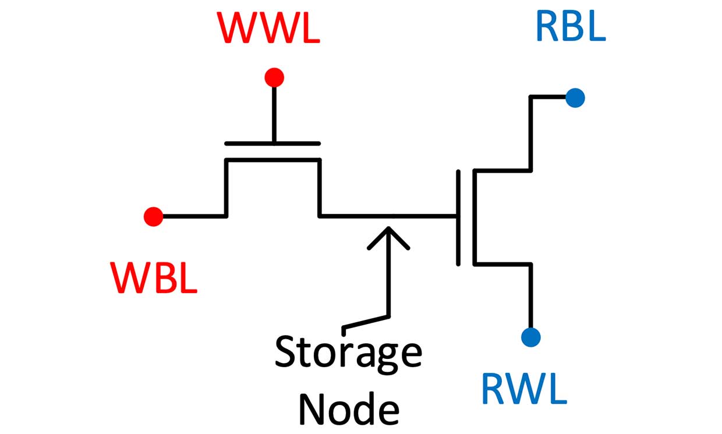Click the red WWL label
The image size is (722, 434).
coord(269,27)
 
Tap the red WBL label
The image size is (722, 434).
coord(154,278)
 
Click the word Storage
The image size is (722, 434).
coord(348,352)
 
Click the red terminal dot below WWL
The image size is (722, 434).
coord(274,77)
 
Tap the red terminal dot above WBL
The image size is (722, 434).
coord(153,216)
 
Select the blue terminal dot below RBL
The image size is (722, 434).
coord(575,98)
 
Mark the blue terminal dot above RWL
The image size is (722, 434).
coord(530,337)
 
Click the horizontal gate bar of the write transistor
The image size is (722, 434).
coord(272,143)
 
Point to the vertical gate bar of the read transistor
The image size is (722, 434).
coord(458,217)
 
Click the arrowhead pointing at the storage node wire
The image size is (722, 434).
coord(388,236)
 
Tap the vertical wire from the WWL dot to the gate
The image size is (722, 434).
coord(274,113)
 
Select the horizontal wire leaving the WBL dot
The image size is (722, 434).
coord(192,216)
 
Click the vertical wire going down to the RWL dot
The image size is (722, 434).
coord(530,297)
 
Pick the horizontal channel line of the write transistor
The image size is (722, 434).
coord(272,159)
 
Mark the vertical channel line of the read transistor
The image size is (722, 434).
coord(475,217)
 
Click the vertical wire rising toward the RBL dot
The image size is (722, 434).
coord(530,134)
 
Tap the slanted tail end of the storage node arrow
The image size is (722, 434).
coord(364,323)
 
